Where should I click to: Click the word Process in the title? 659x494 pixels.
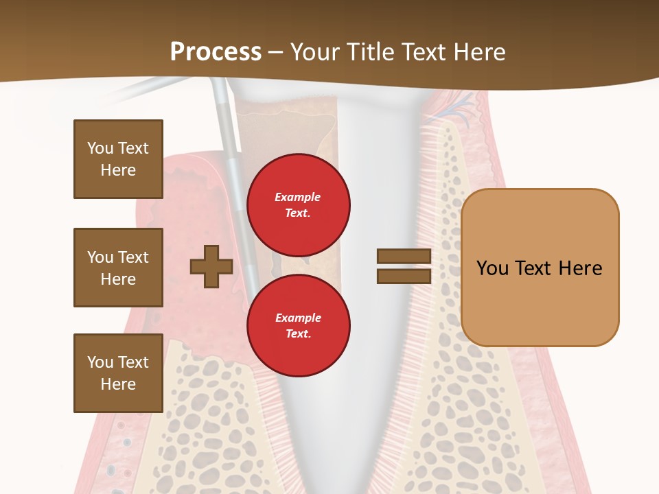216,51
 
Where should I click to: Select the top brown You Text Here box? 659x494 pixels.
118,159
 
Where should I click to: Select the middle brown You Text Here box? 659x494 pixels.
118,268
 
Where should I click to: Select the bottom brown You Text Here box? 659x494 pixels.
118,373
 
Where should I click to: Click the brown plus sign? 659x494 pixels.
211,266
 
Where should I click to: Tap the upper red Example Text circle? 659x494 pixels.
298,204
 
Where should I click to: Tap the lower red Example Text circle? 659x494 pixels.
298,325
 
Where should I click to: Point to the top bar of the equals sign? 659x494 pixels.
404,256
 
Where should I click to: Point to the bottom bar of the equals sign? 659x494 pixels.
404,276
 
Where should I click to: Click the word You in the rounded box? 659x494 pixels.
492,268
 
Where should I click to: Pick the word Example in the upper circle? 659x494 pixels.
298,197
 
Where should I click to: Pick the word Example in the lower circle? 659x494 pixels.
298,318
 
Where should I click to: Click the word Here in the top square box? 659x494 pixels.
118,170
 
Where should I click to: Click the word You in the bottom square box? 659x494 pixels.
100,362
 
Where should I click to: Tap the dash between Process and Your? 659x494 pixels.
276,53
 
